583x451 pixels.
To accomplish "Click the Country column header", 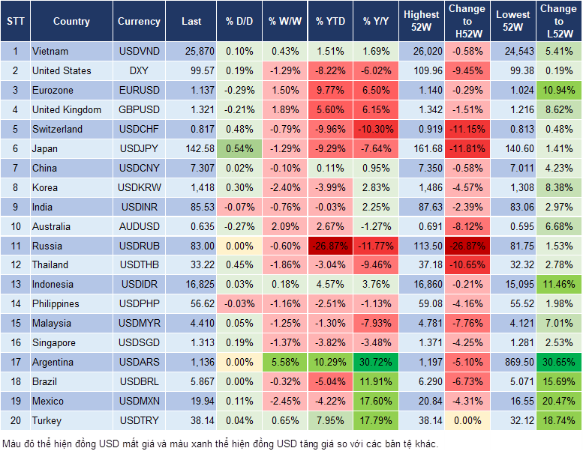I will [x=71, y=22].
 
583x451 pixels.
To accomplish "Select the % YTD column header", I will [x=330, y=22].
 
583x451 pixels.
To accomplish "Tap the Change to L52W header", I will [x=559, y=22].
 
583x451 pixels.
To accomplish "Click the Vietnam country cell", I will [x=51, y=52].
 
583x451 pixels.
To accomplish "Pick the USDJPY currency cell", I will [x=139, y=148].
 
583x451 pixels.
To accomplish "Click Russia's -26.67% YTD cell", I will [x=330, y=246].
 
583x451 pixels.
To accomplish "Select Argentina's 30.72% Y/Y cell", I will [x=377, y=363].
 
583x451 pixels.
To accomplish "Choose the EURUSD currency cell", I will [x=139, y=90].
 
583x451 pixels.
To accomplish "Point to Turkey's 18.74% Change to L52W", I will [x=559, y=421].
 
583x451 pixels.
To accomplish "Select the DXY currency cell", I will [x=139, y=70].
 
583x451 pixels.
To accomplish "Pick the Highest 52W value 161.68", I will [x=422, y=148].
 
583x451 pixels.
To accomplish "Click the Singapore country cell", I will [x=53, y=343].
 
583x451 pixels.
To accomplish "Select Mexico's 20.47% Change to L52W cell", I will [x=559, y=402].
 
